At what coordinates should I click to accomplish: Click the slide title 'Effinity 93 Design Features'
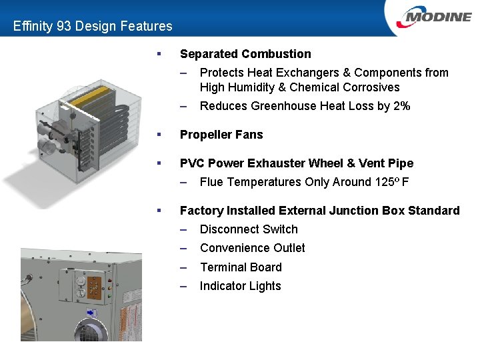point(93,27)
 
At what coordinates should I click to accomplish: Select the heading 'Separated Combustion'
point(245,54)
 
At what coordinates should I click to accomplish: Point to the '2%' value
point(401,106)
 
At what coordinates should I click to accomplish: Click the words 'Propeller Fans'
point(221,135)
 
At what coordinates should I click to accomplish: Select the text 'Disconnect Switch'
point(249,229)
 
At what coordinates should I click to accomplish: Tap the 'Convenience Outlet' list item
point(252,248)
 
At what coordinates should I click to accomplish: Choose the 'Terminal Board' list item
point(241,267)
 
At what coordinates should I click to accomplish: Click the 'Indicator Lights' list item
point(240,286)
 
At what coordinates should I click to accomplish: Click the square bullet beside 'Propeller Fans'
point(159,135)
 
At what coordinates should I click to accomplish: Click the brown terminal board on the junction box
point(95,288)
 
